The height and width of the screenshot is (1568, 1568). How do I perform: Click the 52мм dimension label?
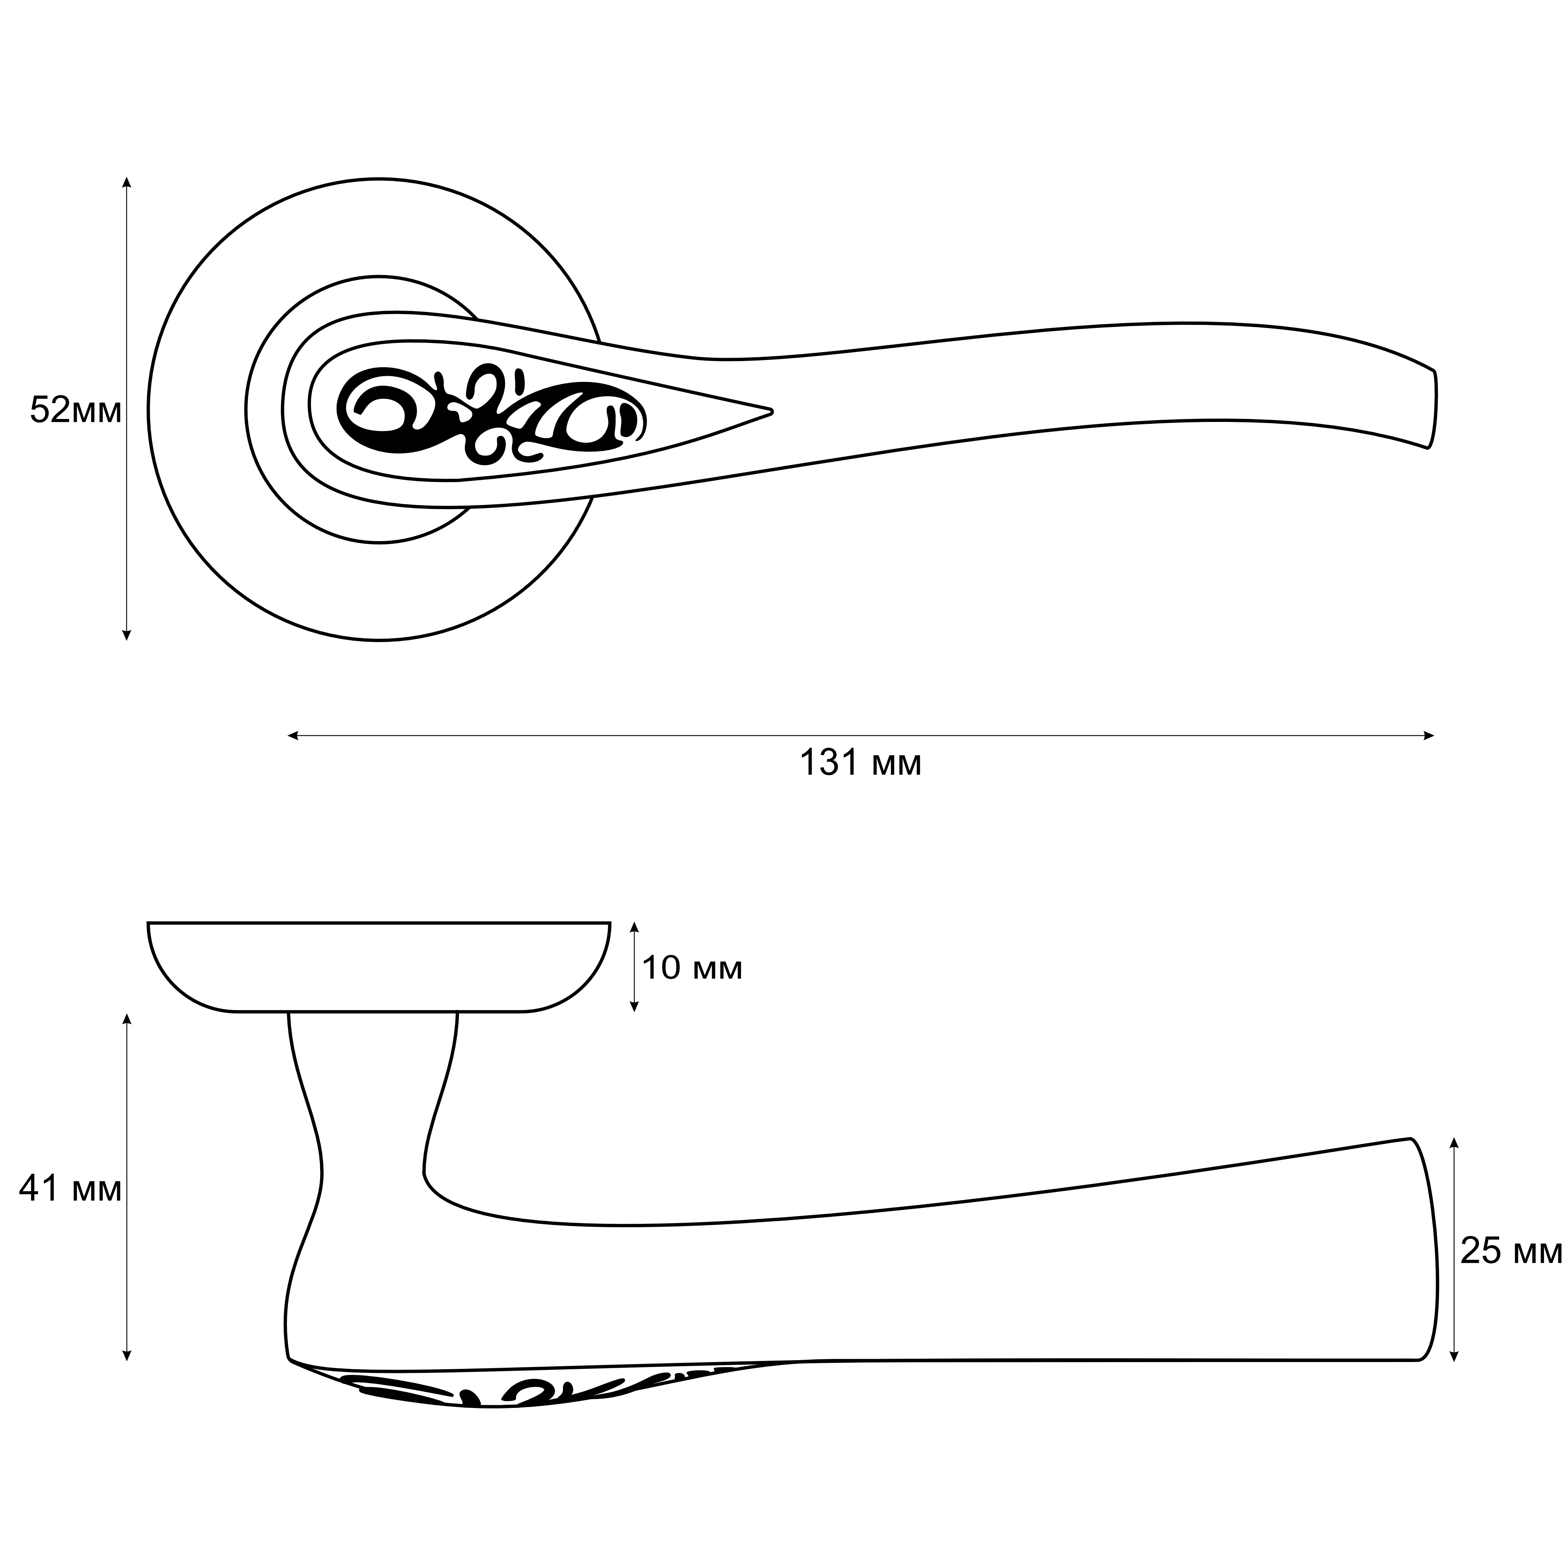[76, 411]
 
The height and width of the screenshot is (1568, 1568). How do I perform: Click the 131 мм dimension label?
[861, 763]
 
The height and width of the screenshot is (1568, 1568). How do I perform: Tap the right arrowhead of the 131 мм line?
[1428, 736]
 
